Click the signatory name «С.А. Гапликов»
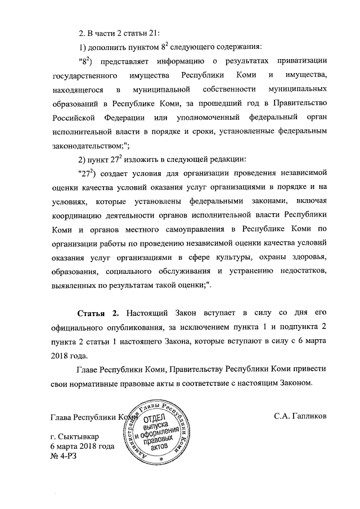tap(300, 417)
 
